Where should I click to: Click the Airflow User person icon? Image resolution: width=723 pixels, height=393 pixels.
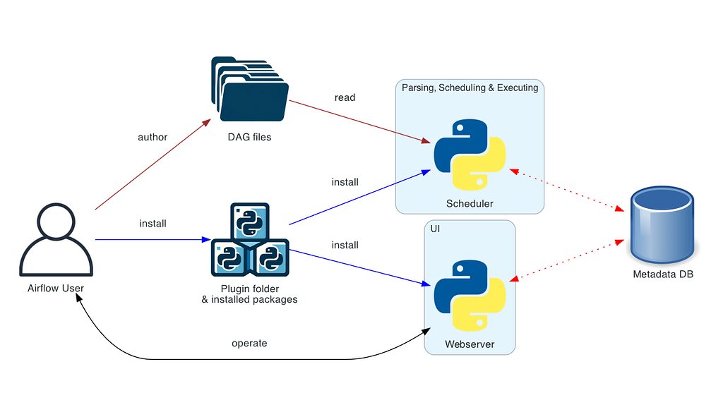pos(56,240)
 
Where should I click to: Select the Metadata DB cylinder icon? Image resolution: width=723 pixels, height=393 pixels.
pos(662,223)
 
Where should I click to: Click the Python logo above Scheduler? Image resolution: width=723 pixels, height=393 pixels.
pos(470,155)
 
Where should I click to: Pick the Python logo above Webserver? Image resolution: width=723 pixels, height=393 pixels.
pos(470,296)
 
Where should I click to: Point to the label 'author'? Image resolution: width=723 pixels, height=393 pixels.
pos(153,137)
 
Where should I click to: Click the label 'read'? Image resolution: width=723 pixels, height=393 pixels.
pos(345,97)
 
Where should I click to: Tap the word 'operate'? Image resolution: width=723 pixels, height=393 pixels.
pos(249,344)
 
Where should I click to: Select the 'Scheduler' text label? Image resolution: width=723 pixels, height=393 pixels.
pos(470,204)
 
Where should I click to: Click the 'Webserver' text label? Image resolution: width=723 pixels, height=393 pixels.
pos(470,344)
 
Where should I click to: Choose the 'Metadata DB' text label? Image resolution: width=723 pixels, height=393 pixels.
pos(663,274)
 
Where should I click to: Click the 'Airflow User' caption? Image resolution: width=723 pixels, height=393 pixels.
pos(56,288)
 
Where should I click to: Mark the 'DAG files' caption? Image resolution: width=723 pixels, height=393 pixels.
pos(249,137)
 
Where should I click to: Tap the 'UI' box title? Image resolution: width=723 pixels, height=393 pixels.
pos(436,229)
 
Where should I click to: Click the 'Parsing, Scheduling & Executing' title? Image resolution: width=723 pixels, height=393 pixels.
pos(470,88)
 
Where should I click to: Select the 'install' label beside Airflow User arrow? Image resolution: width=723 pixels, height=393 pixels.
pos(153,224)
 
